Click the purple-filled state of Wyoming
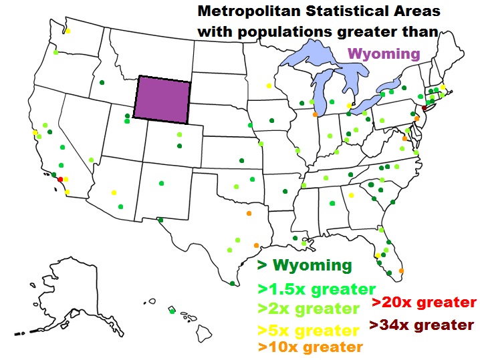(x=162, y=98)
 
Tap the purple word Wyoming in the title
(x=384, y=54)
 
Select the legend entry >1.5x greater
(x=316, y=289)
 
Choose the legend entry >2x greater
(x=308, y=309)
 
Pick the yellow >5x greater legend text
(x=308, y=331)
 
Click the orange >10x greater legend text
(x=310, y=347)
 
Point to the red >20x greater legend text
(x=423, y=303)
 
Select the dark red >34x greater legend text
(x=421, y=325)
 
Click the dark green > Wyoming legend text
(x=305, y=265)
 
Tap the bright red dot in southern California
(x=60, y=179)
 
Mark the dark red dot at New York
(x=424, y=108)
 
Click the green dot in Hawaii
(x=172, y=311)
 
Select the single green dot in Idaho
(x=102, y=83)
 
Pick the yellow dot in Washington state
(x=68, y=31)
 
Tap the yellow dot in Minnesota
(x=269, y=85)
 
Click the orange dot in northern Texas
(x=248, y=214)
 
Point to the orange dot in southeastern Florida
(x=401, y=271)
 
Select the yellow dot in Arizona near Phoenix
(x=114, y=190)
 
